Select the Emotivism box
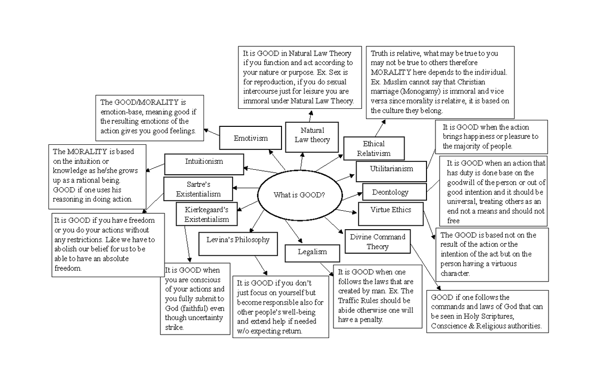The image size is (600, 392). (x=250, y=138)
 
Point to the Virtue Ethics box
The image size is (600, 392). (x=390, y=210)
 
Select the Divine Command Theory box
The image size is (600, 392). (x=377, y=242)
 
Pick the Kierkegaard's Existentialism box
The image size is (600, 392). (x=206, y=215)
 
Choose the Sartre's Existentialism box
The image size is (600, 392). (x=198, y=189)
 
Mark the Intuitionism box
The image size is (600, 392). (x=203, y=162)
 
